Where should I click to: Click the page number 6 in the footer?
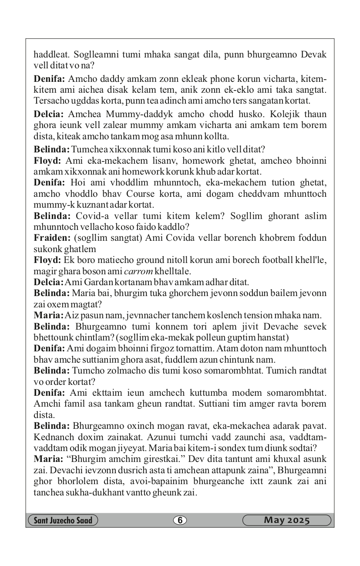click(179, 520)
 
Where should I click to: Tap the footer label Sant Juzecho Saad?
click(62, 520)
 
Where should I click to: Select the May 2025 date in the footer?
click(286, 520)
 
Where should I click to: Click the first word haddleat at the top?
click(52, 55)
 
